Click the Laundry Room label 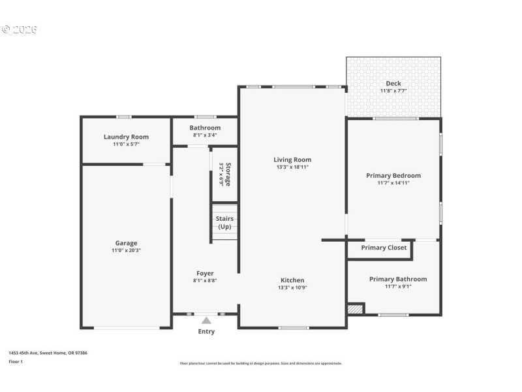(126, 137)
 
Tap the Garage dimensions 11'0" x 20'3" (126, 250)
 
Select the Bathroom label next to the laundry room (205, 127)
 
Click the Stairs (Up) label (224, 222)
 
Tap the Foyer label (205, 273)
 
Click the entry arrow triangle (206, 320)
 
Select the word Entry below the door (206, 331)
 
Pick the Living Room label (292, 159)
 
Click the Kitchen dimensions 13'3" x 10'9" (292, 287)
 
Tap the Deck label (393, 83)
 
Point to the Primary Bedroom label (393, 175)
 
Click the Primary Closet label (384, 248)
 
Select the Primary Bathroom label (397, 279)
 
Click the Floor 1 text (15, 361)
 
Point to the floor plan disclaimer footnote (260, 363)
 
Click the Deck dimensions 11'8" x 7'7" (393, 91)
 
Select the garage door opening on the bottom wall (127, 328)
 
